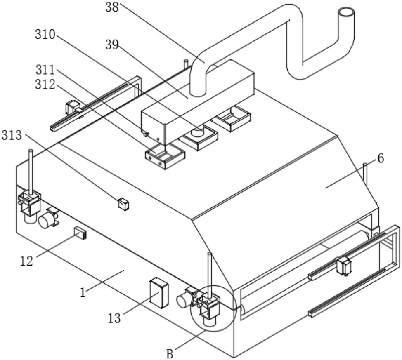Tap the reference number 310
(45, 35)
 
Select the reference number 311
(45, 70)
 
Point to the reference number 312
(45, 85)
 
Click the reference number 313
(12, 135)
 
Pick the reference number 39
(112, 45)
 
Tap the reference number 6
(381, 158)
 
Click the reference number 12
(27, 261)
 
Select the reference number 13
(114, 318)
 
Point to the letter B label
(170, 354)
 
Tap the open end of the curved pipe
(346, 12)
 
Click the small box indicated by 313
(123, 204)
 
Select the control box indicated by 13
(159, 293)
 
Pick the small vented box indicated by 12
(80, 233)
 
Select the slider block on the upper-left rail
(73, 107)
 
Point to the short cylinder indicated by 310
(198, 131)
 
